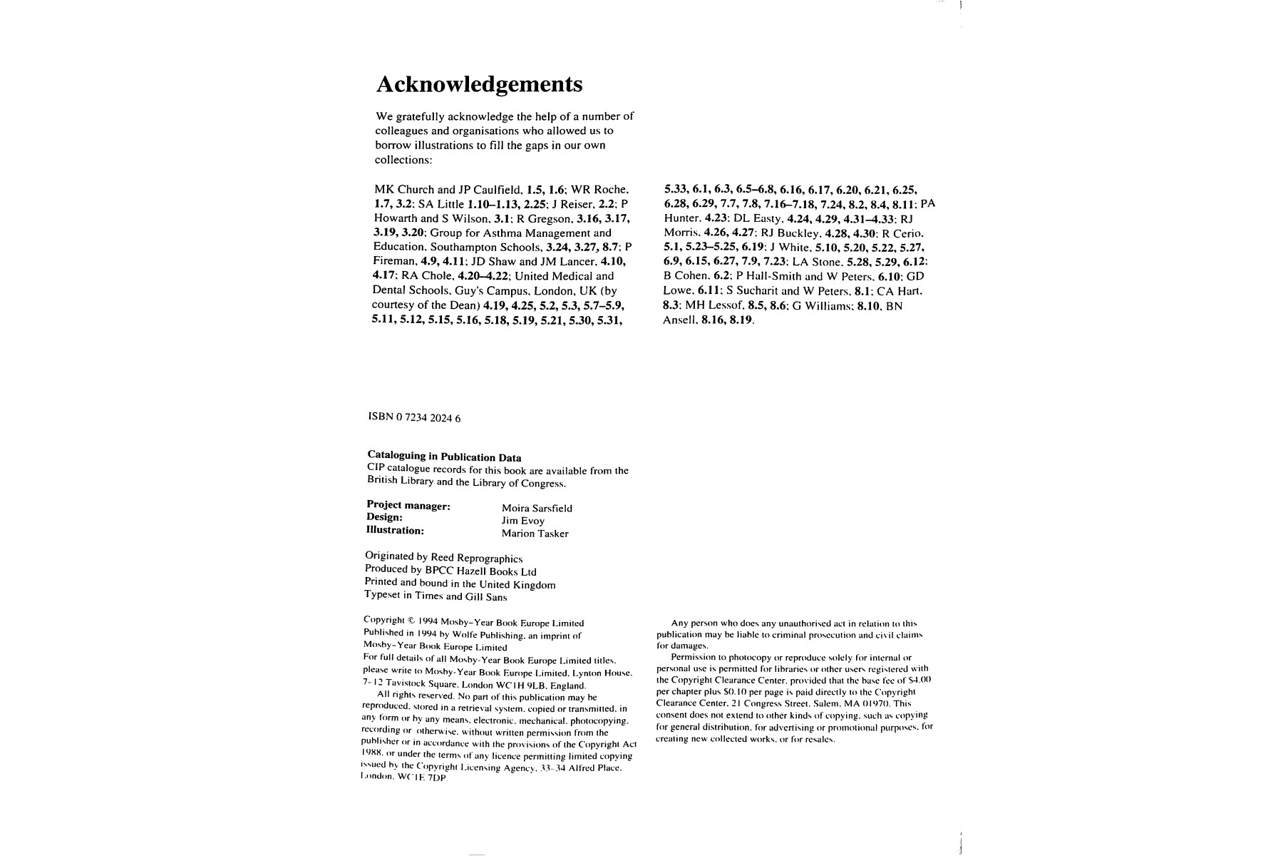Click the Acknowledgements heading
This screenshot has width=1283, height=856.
[479, 85]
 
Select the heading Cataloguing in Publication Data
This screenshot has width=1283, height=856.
[444, 457]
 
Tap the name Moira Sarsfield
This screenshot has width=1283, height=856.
[537, 509]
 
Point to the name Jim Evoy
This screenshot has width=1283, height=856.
[522, 521]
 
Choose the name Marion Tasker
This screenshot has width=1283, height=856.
[535, 534]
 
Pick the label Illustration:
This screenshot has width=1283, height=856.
[395, 530]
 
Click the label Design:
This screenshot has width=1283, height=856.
[385, 518]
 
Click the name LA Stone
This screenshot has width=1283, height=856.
[817, 262]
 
